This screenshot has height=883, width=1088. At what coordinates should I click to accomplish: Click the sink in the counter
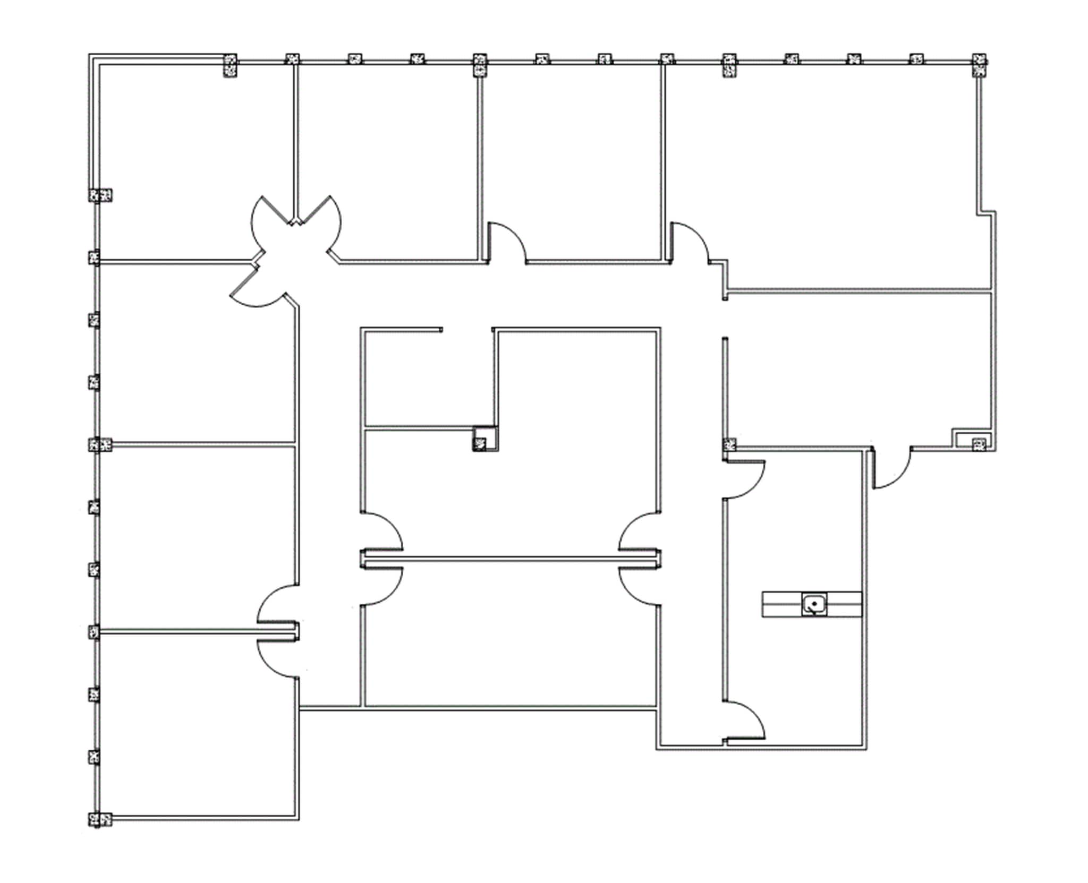tap(813, 604)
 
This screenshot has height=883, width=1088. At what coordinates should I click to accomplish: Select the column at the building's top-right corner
tap(979, 65)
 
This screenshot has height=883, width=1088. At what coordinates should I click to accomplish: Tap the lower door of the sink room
tap(744, 722)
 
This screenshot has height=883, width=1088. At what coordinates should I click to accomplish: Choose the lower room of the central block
tap(510, 637)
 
